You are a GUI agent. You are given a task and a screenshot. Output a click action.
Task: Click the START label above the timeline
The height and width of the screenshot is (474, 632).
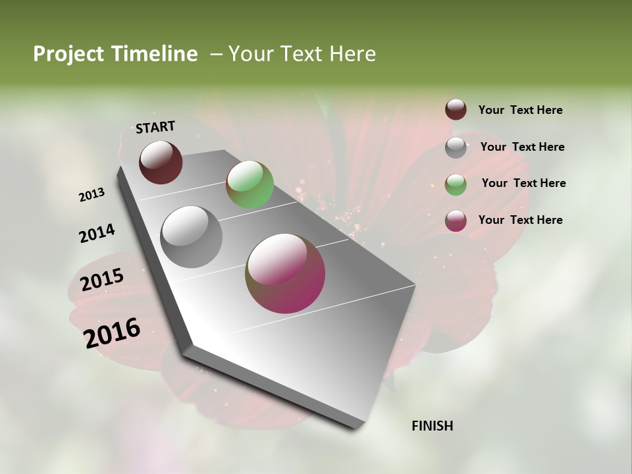155,127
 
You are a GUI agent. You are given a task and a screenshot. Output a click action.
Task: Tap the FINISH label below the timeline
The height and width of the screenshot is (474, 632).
432,426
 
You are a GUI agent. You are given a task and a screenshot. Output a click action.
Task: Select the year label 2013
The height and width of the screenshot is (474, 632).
92,195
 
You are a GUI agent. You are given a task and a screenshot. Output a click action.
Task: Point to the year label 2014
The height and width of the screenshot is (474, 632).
97,234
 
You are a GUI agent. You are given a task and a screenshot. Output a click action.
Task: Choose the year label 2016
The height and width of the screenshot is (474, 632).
112,332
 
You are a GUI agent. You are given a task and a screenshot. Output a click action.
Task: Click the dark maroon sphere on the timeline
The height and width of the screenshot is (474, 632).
161,162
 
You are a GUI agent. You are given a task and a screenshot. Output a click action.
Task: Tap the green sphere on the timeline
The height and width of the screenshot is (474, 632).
250,184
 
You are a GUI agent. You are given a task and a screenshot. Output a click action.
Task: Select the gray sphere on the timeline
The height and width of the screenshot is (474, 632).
192,237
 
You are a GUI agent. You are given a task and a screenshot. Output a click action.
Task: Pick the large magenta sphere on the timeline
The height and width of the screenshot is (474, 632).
285,273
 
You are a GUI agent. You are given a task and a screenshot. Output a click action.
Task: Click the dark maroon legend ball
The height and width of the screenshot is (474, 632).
456,110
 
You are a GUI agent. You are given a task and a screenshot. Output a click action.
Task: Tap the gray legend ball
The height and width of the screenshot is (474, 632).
456,147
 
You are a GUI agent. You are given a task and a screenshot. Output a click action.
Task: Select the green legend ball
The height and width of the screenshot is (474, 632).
456,184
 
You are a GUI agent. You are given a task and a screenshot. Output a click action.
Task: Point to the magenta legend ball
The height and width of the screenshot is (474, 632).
456,221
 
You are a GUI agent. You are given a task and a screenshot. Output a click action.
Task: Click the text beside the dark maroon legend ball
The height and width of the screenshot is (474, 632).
520,111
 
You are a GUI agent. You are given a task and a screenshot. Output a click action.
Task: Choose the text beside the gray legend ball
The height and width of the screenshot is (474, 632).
522,147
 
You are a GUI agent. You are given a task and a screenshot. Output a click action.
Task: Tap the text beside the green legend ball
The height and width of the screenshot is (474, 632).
523,183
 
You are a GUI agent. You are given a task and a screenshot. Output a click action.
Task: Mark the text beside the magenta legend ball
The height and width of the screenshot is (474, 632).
520,220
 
